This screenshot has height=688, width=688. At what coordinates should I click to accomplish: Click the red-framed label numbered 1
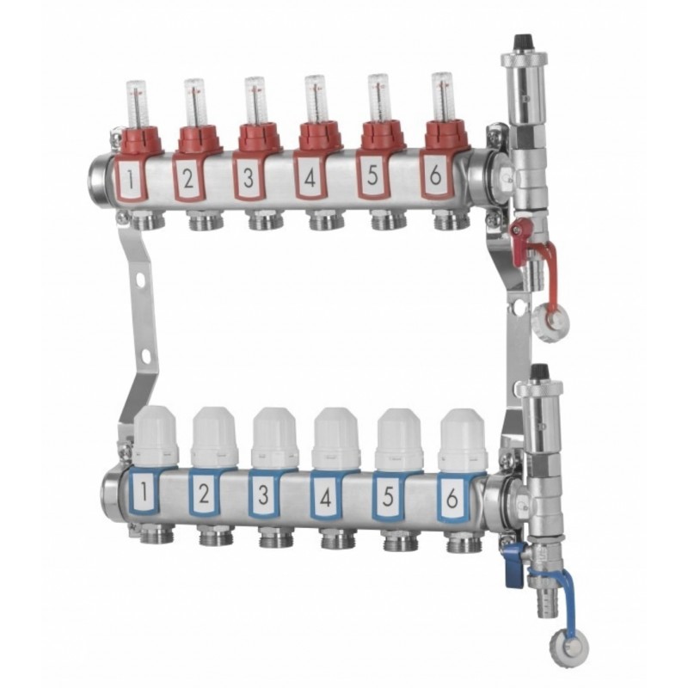coord(130,178)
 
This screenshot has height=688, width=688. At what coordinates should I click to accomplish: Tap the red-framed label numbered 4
coord(310,177)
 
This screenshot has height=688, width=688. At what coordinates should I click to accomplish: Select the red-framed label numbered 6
coord(435,175)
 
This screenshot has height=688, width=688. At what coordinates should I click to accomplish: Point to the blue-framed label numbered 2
coord(204,493)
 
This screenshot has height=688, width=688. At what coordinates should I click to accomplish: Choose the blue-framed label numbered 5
coord(388,496)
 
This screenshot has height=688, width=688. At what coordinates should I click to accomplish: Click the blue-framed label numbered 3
coord(264,494)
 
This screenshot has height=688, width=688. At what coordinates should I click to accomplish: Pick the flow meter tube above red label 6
coord(441,97)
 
